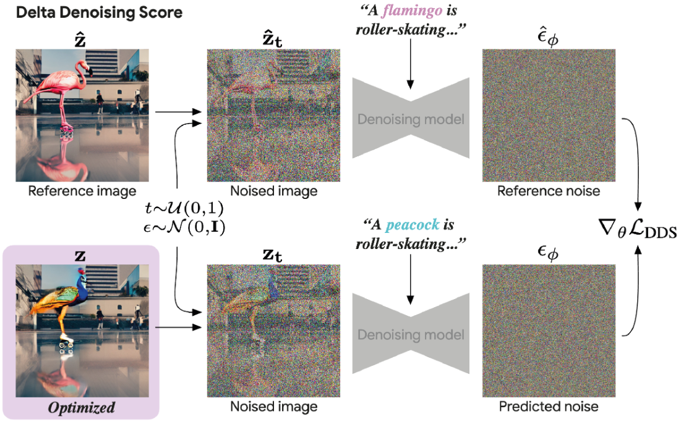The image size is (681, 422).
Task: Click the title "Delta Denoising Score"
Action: (x=100, y=13)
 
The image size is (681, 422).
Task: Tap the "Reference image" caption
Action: (x=82, y=190)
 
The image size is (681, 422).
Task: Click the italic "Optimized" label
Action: (x=82, y=408)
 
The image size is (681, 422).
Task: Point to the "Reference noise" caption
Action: (x=549, y=191)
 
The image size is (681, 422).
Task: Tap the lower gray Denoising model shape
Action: (x=409, y=334)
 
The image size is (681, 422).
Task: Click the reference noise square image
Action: (x=548, y=116)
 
